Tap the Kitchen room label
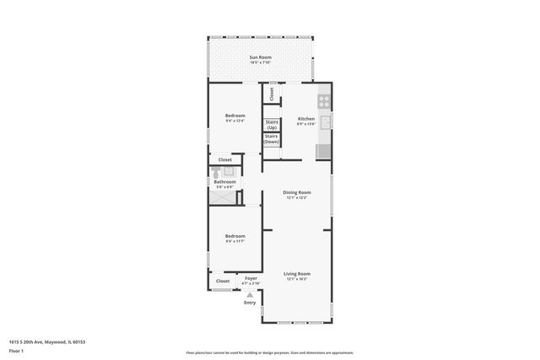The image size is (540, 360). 306,119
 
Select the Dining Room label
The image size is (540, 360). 296,192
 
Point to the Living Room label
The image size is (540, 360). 296,273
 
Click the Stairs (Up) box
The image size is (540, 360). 272,124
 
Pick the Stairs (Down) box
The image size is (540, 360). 272,139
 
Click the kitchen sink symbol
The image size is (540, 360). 325,122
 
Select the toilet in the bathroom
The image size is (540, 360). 214,171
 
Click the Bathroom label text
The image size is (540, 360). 224,181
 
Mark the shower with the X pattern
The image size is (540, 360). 224,196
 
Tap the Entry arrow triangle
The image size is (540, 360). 250,294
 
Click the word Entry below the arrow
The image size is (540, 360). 250,302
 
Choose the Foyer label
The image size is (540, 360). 251,278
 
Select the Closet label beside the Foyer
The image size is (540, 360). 223,281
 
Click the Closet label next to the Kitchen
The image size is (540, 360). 272,94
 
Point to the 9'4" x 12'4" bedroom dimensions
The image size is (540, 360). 235,121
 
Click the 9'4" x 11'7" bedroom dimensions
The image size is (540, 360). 235,242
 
